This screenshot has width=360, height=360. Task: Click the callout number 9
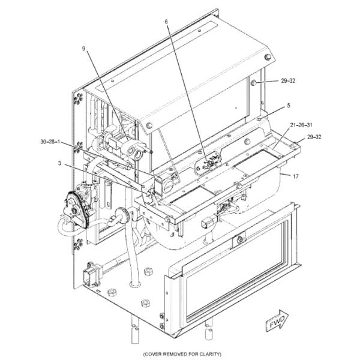[x=83, y=49]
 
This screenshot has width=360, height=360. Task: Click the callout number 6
[x=166, y=22]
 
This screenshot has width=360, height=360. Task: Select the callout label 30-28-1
[x=50, y=142]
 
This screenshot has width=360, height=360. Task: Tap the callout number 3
[x=59, y=163]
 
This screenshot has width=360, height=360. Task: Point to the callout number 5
[x=289, y=106]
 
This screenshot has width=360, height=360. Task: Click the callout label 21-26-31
[x=301, y=125]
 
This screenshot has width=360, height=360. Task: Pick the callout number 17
[x=296, y=176]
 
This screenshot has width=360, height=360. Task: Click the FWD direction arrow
[x=277, y=320]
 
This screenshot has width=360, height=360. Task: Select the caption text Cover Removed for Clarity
[x=182, y=354]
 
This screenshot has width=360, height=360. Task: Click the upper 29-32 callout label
[x=288, y=81]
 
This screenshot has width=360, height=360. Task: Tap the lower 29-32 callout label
[x=314, y=137]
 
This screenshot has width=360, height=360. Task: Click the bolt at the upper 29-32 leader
[x=254, y=83]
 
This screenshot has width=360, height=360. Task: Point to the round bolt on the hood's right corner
[x=268, y=57]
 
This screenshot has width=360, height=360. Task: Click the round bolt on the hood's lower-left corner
[x=149, y=125]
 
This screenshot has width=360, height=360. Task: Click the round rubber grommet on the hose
[x=121, y=215]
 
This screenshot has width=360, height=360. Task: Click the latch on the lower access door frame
[x=239, y=239]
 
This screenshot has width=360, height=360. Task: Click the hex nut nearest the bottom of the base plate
[x=145, y=303]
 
